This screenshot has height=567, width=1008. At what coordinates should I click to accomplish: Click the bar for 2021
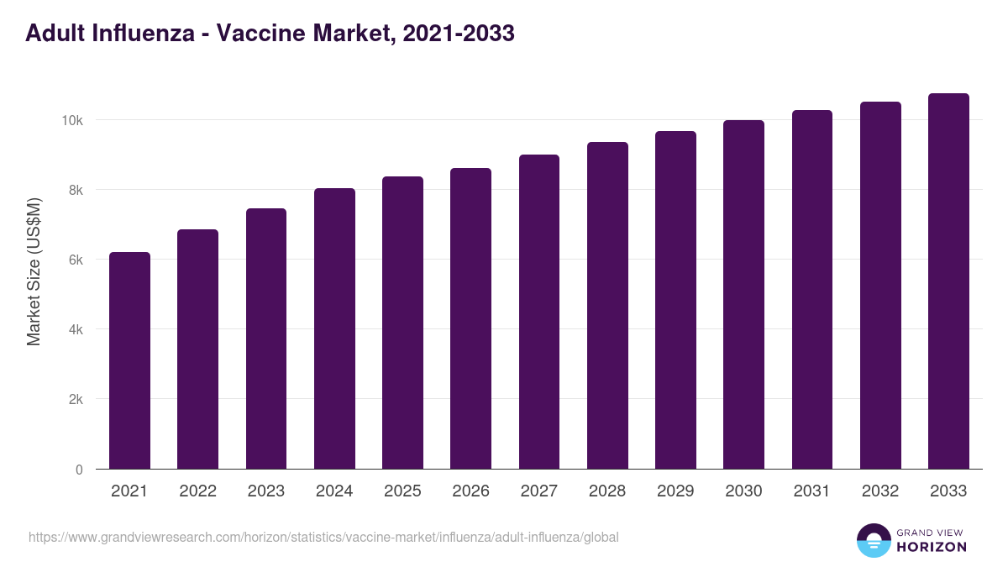pyautogui.click(x=129, y=360)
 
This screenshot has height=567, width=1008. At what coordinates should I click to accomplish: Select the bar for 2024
pyautogui.click(x=334, y=328)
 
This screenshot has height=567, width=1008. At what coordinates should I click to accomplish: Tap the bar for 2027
pyautogui.click(x=539, y=312)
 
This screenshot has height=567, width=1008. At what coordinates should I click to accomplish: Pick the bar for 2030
pyautogui.click(x=743, y=295)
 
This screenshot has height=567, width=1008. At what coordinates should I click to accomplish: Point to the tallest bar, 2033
pyautogui.click(x=948, y=281)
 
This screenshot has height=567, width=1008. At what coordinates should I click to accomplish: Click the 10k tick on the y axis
pyautogui.click(x=72, y=120)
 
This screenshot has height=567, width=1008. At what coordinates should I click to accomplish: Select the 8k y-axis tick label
pyautogui.click(x=74, y=190)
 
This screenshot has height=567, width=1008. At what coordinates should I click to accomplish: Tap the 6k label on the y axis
pyautogui.click(x=74, y=260)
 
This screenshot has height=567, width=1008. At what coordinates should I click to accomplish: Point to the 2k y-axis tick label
pyautogui.click(x=74, y=399)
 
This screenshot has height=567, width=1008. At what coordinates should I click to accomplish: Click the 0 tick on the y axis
pyautogui.click(x=79, y=470)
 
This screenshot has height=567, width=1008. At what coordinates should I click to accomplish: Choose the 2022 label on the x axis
pyautogui.click(x=197, y=491)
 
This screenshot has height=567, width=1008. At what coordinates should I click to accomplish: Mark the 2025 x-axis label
pyautogui.click(x=402, y=491)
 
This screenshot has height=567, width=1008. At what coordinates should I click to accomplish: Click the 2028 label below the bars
pyautogui.click(x=607, y=491)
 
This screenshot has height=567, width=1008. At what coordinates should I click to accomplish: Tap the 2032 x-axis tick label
pyautogui.click(x=880, y=491)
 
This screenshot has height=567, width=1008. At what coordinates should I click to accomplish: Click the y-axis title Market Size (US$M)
pyautogui.click(x=34, y=270)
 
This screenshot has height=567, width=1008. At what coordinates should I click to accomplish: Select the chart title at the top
pyautogui.click(x=270, y=34)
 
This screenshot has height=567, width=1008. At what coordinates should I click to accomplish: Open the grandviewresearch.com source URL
pyautogui.click(x=323, y=537)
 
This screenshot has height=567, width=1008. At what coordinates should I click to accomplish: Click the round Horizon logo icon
pyautogui.click(x=874, y=541)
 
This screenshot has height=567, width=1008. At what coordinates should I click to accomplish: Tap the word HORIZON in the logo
pyautogui.click(x=932, y=547)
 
